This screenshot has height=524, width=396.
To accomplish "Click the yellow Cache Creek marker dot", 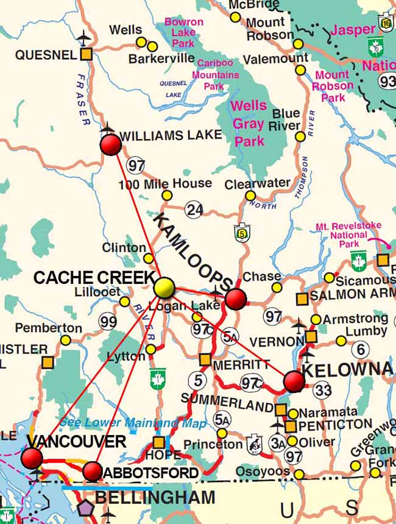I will [164, 288].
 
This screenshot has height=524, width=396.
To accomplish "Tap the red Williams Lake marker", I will [110, 145].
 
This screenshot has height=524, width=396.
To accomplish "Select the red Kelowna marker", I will [294, 381].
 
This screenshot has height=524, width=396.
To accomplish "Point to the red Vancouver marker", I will [32, 458].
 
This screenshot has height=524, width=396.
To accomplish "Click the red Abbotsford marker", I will [92, 470].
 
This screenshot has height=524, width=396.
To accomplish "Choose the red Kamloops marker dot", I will [236, 299].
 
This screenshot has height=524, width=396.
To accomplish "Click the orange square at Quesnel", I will [87, 54].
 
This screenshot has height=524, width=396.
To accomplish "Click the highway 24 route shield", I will [194, 209].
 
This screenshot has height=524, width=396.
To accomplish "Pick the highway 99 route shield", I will [108, 321].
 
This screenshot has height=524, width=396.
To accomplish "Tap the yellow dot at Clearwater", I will [250, 196].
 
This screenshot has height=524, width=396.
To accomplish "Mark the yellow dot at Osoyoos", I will [299, 473].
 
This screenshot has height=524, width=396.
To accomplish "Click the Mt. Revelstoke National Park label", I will [348, 235].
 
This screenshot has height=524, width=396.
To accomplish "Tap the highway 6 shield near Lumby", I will [360, 349].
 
